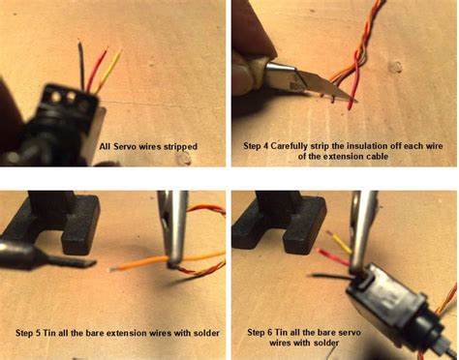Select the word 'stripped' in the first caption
[x=179, y=147]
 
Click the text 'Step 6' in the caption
[x=263, y=332]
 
